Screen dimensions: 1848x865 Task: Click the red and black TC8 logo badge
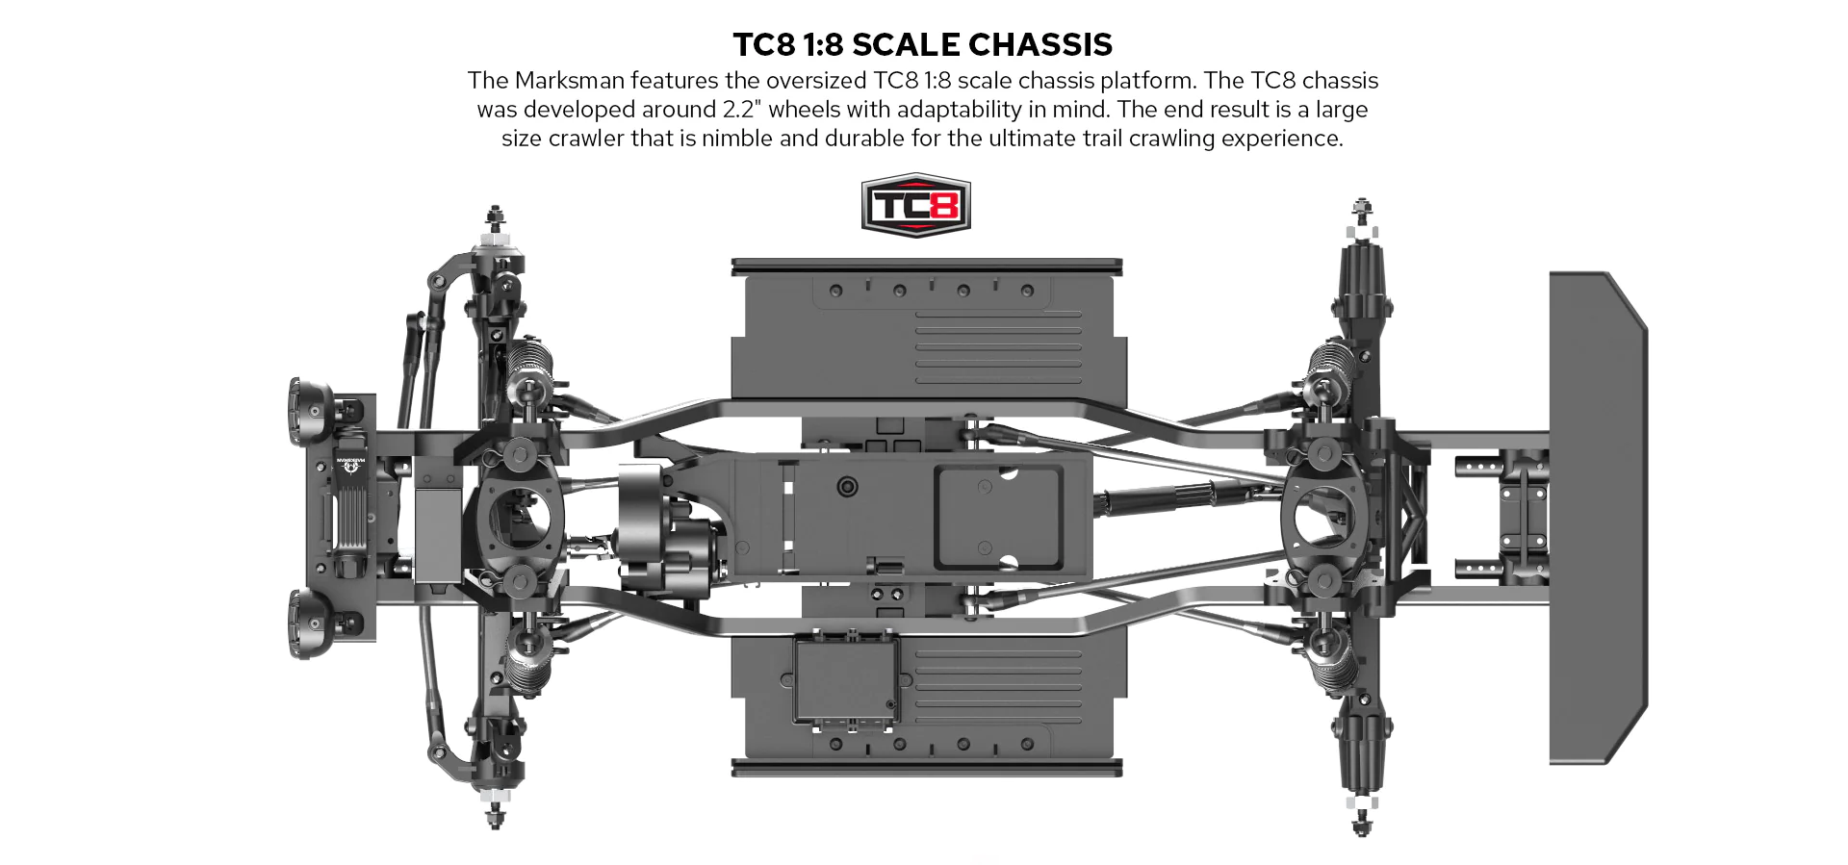915,205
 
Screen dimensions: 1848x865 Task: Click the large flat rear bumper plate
1598,518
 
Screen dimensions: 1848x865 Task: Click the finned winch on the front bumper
350,516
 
